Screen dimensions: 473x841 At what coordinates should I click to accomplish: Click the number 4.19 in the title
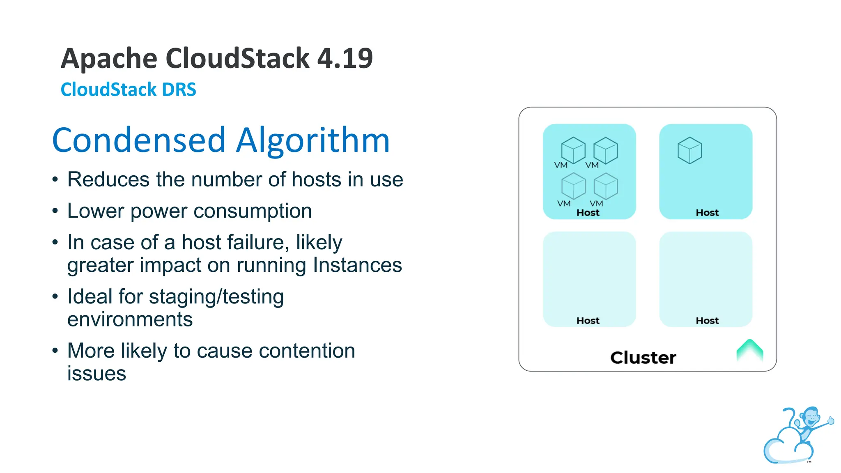pos(345,58)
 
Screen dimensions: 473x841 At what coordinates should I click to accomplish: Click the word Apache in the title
pos(109,58)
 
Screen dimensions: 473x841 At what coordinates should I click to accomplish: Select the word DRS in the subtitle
pos(179,90)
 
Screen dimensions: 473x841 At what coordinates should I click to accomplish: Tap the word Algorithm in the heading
pos(313,140)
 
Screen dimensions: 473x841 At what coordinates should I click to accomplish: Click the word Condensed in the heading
pos(139,140)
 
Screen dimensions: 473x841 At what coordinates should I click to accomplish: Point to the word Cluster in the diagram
pos(643,358)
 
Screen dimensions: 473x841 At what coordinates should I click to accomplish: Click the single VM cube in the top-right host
pos(689,150)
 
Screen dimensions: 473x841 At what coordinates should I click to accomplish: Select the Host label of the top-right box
pos(707,213)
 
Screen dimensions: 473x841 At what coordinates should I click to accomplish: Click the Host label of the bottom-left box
pos(588,321)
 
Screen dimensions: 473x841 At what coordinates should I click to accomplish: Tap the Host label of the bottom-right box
pos(707,321)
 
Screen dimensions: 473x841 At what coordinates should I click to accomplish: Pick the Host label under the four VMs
pos(588,213)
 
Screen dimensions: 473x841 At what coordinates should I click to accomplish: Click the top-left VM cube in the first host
pos(573,150)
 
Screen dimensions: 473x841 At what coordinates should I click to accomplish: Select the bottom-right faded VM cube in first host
pos(606,186)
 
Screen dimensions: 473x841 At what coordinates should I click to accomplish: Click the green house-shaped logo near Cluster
pos(749,350)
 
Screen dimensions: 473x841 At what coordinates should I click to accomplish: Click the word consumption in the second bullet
pos(253,211)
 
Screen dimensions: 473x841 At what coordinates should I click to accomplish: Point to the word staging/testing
pos(216,296)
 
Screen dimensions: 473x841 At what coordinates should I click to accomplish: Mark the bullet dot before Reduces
pos(55,180)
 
